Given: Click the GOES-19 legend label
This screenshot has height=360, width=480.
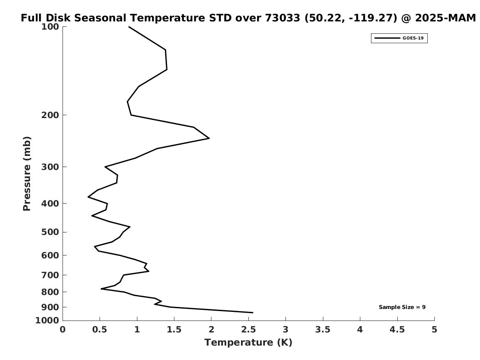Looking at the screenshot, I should [x=413, y=38].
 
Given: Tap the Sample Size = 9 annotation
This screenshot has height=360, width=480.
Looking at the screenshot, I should [x=402, y=307].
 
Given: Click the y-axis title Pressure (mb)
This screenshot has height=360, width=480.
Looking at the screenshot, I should [x=27, y=174].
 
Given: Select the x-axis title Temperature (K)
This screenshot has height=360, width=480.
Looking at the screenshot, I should [x=248, y=342].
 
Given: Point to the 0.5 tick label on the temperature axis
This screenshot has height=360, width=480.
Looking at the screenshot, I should [x=100, y=329].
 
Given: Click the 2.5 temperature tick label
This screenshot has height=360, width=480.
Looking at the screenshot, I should [x=248, y=329].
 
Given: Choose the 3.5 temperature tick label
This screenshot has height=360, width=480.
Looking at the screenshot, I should [x=323, y=329].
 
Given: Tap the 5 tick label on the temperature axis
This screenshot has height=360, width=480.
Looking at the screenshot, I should [x=434, y=329].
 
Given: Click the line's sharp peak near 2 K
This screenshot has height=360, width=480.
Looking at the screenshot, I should [x=209, y=138].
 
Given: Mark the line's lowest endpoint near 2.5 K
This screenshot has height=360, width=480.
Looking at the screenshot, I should [x=253, y=313].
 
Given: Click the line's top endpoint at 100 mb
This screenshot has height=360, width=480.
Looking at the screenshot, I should [x=129, y=27].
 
